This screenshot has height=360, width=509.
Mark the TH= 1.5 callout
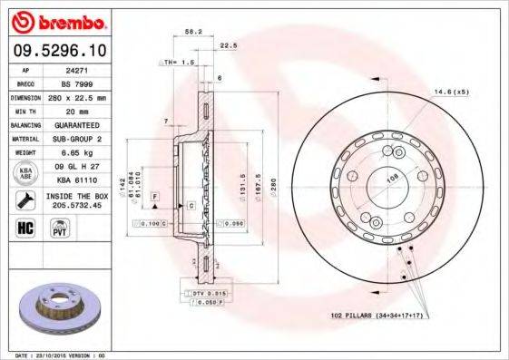point(179,62)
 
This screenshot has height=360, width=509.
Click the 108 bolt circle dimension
point(394,179)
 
